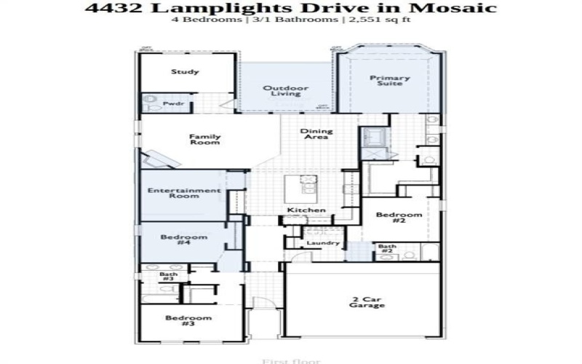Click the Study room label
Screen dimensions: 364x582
186,72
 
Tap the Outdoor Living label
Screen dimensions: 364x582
286,91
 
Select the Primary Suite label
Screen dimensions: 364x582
390,81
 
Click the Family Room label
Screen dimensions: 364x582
204,139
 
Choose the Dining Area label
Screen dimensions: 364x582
316,134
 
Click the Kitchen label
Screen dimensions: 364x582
306,210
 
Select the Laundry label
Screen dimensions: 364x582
323,242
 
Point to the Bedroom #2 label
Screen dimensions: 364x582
399,218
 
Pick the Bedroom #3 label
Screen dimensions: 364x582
188,321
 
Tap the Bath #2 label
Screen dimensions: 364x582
387,249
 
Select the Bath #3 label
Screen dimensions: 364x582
167,277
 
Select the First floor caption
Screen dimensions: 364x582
290,360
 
